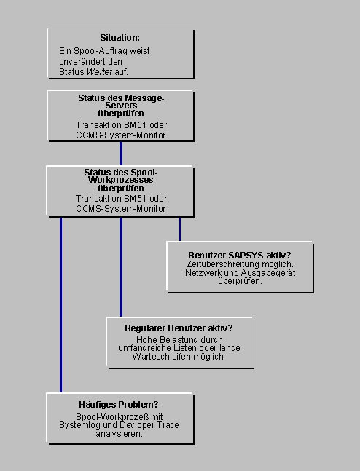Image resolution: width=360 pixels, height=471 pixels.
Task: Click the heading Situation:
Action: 120,38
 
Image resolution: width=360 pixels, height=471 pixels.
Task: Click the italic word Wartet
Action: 99,72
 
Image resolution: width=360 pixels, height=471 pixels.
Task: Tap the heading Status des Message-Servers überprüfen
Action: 121,106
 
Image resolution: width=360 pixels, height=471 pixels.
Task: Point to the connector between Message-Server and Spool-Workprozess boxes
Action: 120,153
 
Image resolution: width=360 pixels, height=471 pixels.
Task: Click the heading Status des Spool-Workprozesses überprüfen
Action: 121,181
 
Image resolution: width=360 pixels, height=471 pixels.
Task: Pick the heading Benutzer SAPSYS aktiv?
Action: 240,255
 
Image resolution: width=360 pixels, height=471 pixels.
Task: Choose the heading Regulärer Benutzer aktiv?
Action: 179,328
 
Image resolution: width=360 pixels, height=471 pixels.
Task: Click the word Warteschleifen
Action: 161,357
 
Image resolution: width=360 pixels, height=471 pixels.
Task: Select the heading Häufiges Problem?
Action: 119,405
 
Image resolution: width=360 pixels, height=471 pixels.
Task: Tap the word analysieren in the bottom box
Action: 119,434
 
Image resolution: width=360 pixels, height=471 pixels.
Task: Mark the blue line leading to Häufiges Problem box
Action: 60,304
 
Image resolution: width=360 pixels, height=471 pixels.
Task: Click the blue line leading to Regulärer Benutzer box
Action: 120,266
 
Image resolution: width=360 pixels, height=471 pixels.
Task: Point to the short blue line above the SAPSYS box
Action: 179,229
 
